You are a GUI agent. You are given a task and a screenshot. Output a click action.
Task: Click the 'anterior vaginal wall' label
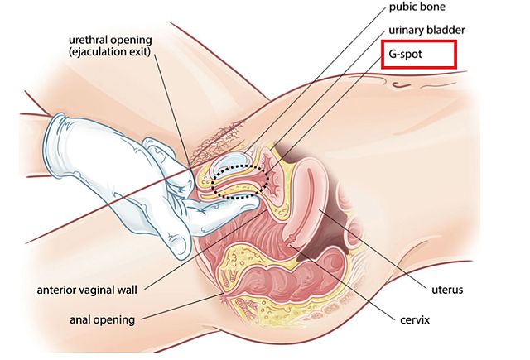tap(88, 290)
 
